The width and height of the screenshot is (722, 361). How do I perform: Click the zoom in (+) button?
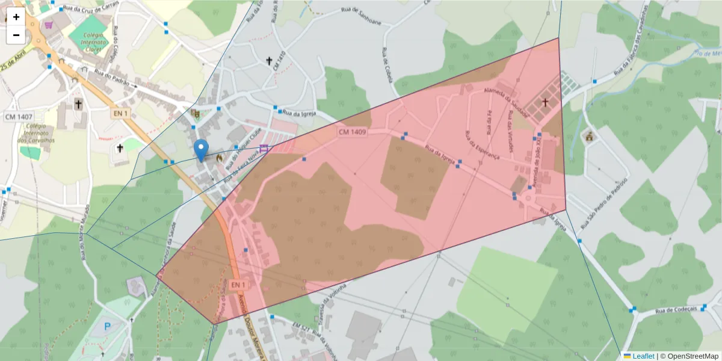[x=16, y=17]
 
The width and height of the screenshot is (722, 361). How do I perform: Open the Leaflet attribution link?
[x=642, y=356]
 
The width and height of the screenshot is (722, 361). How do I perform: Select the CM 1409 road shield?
[x=352, y=132]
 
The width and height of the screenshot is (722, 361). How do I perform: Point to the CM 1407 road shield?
[x=19, y=116]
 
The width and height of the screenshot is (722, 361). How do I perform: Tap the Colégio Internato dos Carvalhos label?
[x=40, y=134]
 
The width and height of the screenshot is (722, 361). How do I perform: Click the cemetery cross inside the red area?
[x=546, y=103]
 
